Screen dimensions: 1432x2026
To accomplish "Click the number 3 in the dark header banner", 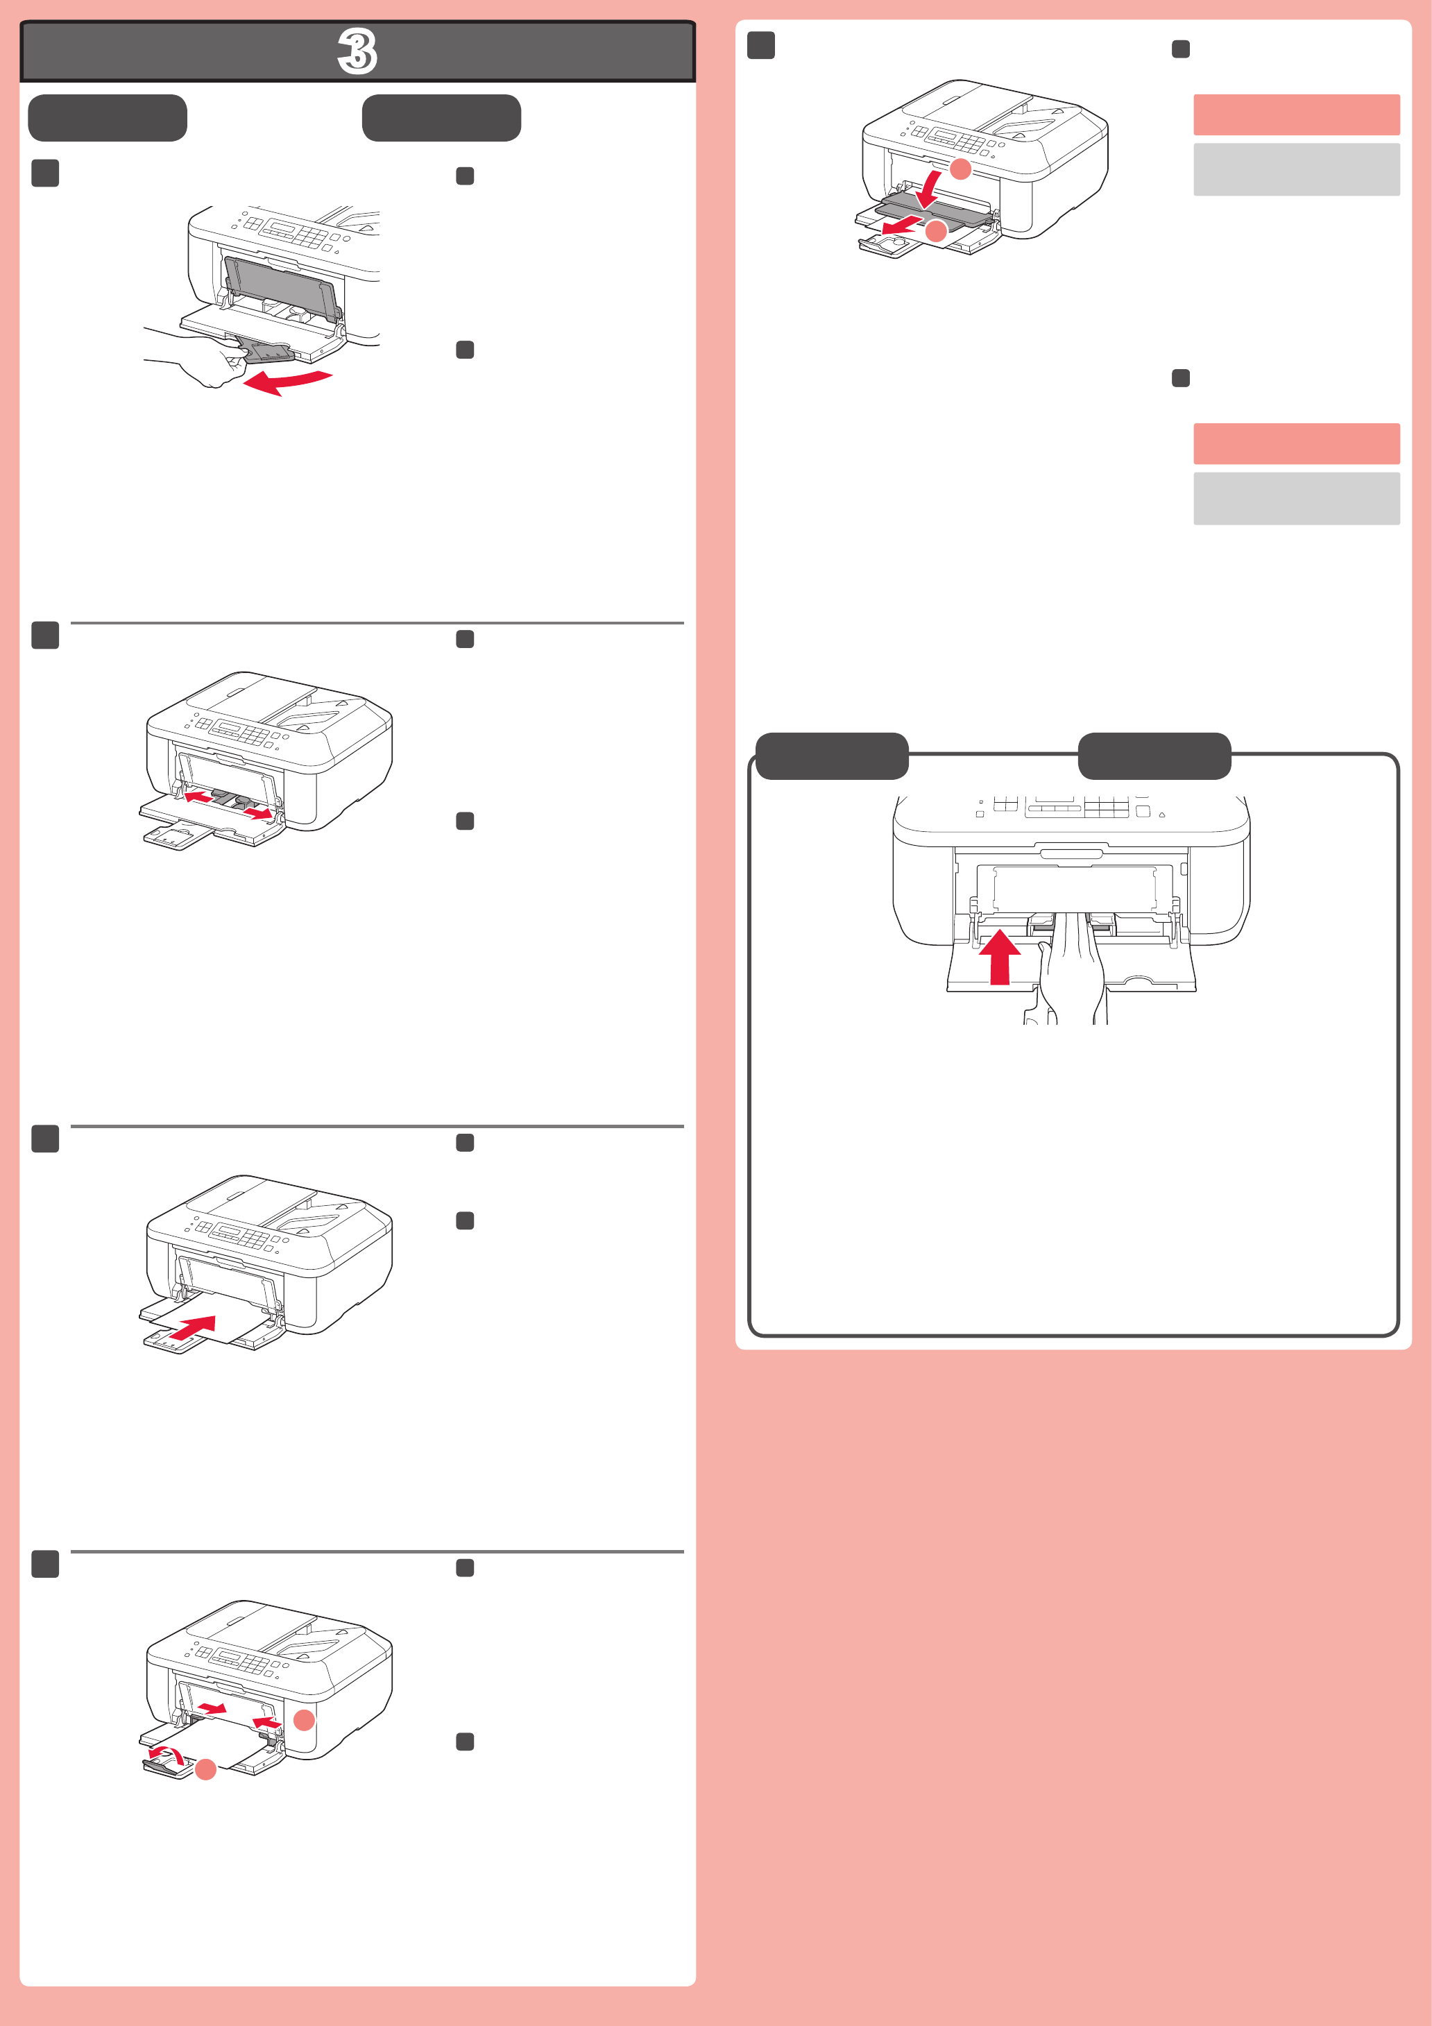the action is pos(358,51).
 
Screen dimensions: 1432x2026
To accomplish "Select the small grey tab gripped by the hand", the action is pos(267,353).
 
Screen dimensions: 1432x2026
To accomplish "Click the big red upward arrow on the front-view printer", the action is pos(1000,955).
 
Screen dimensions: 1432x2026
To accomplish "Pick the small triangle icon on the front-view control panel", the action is pos(1162,815).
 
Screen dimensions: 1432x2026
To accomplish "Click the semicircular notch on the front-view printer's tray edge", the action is pos(1139,980).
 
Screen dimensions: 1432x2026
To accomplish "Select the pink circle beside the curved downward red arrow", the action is pos(961,169).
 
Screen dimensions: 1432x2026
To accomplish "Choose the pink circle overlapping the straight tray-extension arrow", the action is pos(936,232).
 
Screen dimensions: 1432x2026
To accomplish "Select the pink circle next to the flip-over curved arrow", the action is pos(205,1769).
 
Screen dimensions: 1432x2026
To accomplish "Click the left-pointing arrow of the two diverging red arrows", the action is pos(198,797).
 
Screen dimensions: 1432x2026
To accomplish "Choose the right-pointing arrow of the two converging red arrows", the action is pos(211,1708).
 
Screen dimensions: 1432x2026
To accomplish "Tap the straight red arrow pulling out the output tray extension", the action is pos(902,227).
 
